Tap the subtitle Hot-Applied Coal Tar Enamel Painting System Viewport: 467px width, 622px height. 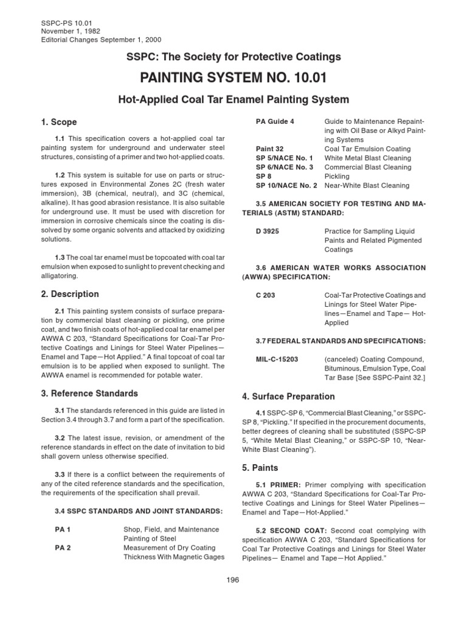pos(233,99)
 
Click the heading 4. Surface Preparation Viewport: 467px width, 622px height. pos(288,397)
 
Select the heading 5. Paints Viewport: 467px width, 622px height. pos(261,469)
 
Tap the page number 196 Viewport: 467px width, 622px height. pos(233,580)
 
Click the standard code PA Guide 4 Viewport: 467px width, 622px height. pos(275,121)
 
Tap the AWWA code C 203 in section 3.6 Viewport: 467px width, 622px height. pos(267,295)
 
